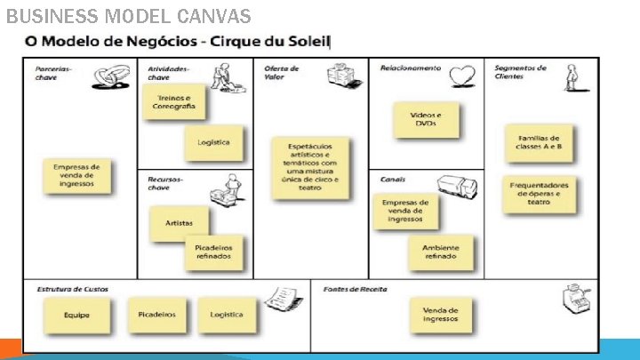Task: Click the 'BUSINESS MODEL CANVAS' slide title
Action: [x=128, y=16]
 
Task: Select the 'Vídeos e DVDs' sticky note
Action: [x=426, y=120]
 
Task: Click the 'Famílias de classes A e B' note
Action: [x=538, y=142]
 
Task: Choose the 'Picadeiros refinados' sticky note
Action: [x=212, y=252]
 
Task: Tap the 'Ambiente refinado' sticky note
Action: [x=440, y=252]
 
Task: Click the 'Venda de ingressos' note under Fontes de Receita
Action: [x=440, y=314]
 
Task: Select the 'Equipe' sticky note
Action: [x=76, y=315]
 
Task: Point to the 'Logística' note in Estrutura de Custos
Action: [x=227, y=315]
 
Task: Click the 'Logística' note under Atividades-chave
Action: [x=213, y=142]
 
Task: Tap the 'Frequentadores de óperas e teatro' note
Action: [x=539, y=193]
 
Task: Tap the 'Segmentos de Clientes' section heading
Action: [x=520, y=72]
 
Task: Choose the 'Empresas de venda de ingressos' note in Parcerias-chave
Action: [x=76, y=175]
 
